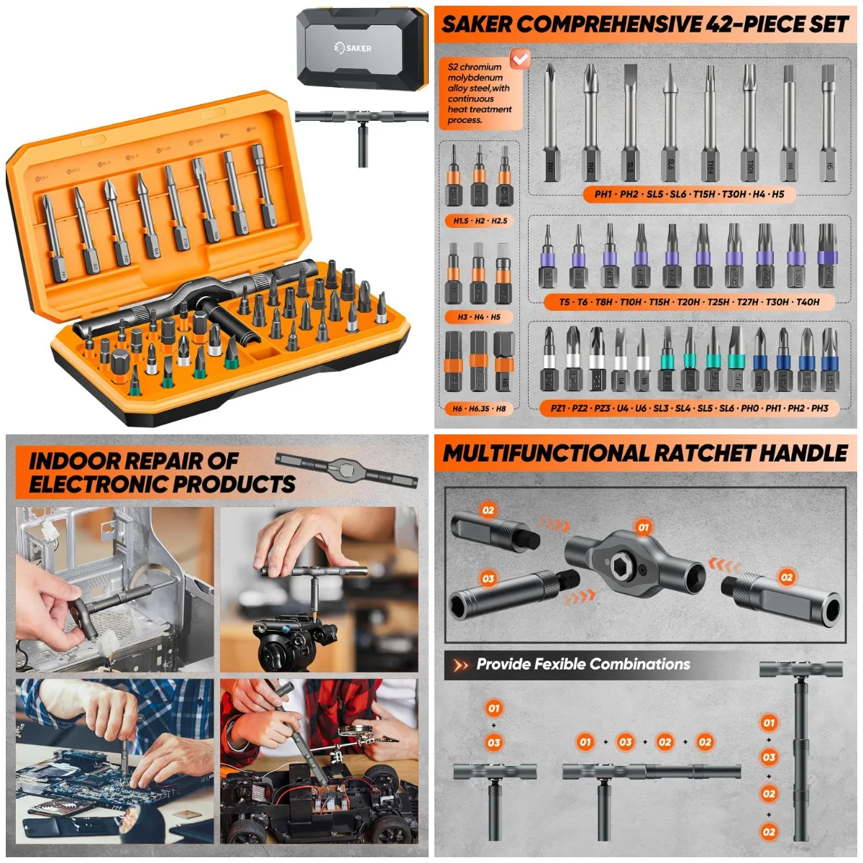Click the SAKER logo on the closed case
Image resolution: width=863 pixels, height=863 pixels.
coord(353,47)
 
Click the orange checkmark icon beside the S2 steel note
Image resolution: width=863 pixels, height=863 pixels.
coord(519,58)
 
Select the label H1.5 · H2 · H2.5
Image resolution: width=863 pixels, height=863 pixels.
coord(480,221)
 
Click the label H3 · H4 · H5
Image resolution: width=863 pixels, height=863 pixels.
coord(479,316)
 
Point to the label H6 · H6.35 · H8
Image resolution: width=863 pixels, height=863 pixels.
coord(479,408)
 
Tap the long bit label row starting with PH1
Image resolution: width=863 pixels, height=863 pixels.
coord(689,193)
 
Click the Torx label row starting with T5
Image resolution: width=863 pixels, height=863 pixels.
coord(689,302)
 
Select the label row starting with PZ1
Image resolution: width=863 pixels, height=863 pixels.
coord(689,408)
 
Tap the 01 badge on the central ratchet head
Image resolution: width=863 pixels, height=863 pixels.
coord(643,527)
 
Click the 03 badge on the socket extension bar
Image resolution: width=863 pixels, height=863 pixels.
coord(488,578)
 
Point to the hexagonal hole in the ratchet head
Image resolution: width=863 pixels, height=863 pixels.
coord(620,567)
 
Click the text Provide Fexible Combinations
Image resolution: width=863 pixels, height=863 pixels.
coord(583,665)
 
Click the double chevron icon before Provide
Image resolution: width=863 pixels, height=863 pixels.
coord(460,666)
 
